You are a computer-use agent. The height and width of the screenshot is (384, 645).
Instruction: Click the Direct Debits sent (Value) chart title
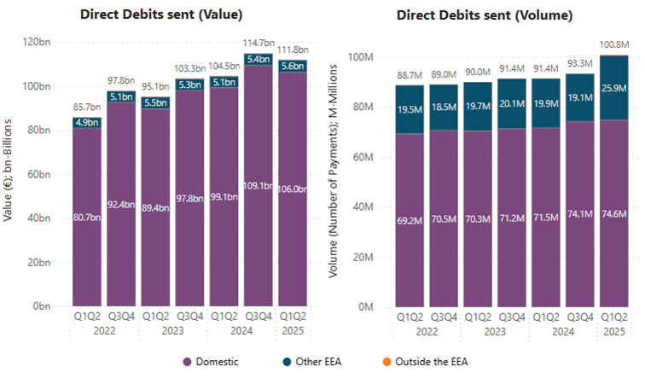[160, 15]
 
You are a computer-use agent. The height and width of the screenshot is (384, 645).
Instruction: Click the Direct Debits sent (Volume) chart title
[484, 15]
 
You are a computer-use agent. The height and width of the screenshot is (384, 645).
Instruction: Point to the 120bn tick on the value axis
[40, 42]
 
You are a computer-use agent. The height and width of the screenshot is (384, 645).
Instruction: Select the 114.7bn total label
[258, 43]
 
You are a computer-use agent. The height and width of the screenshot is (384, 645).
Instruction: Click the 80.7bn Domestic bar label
[86, 217]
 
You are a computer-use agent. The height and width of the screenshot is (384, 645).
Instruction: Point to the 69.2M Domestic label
[410, 220]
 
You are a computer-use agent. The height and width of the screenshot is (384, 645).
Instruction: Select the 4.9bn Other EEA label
[86, 123]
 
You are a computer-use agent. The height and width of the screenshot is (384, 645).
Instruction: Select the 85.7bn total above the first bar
[86, 107]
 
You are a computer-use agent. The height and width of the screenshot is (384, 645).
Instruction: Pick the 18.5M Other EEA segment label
[444, 104]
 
